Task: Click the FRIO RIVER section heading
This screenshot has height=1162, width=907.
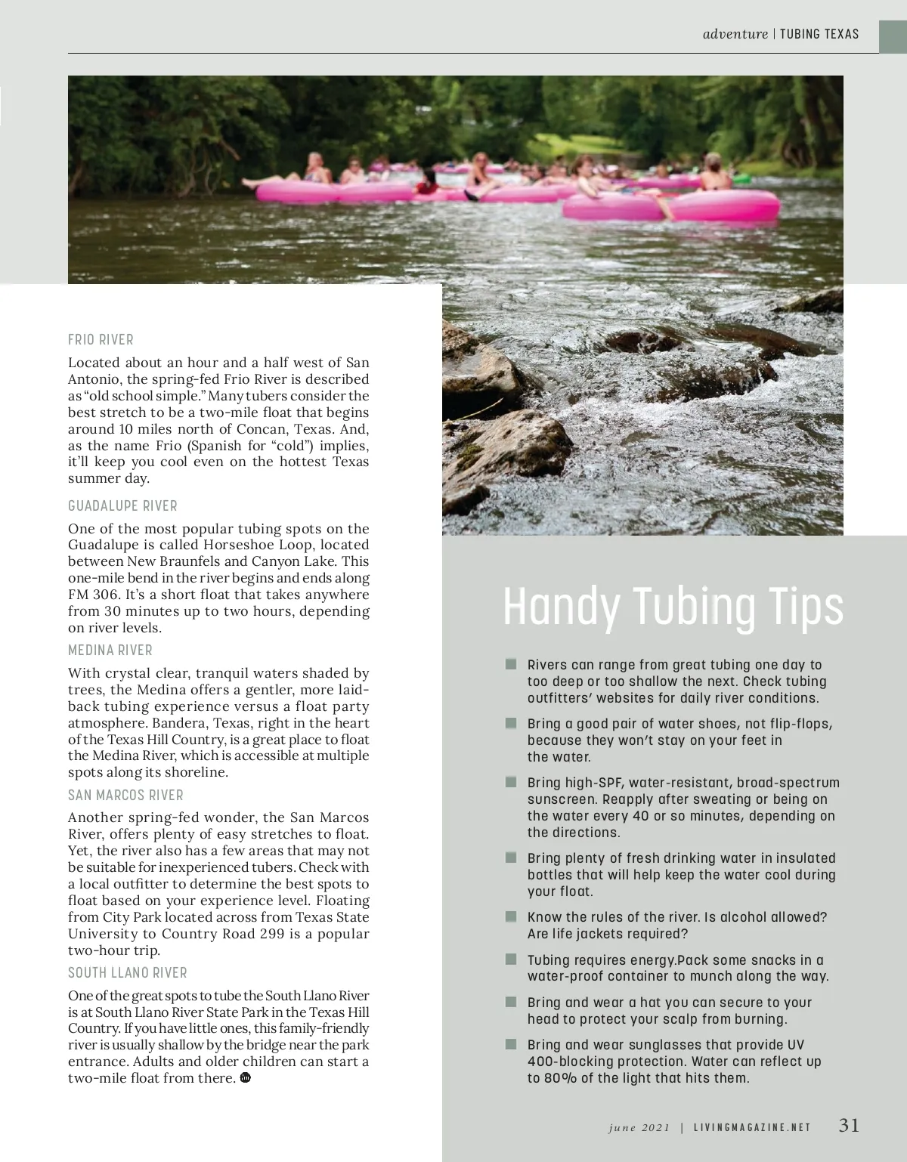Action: click(101, 340)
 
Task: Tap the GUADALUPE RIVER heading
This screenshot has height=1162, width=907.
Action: click(122, 505)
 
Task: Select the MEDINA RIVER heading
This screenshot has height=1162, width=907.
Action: click(110, 650)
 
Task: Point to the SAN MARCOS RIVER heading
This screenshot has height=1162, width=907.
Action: click(125, 795)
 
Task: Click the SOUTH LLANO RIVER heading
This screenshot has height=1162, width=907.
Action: click(128, 972)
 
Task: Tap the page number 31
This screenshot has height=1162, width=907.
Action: click(849, 1125)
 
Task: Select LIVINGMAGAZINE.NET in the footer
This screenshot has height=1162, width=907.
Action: click(752, 1127)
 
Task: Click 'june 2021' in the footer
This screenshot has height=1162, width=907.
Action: click(639, 1127)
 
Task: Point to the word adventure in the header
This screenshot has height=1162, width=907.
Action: click(735, 34)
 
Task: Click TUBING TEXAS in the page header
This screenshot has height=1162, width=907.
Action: click(819, 34)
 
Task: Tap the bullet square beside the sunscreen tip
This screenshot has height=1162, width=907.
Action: click(511, 783)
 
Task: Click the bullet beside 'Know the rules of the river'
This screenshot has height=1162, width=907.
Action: click(511, 917)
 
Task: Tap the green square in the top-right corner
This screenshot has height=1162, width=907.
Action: click(893, 36)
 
